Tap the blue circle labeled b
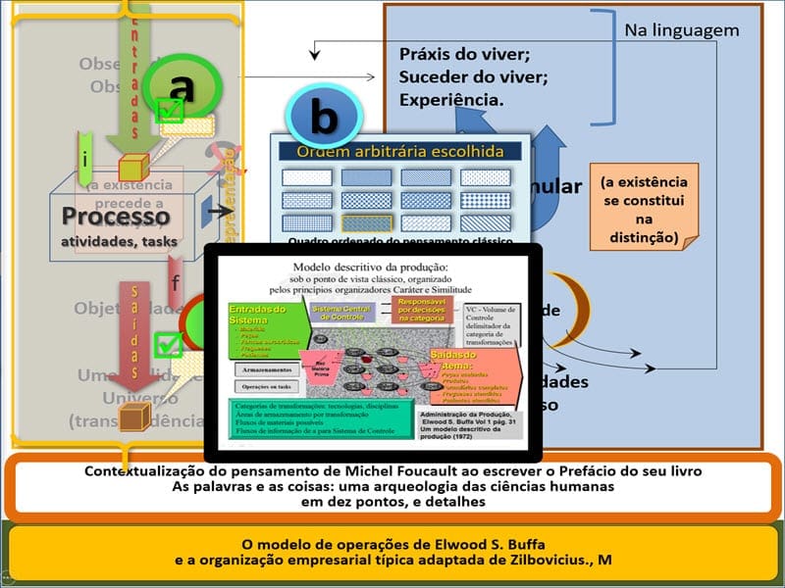[x=323, y=118]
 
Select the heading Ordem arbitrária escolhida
[x=400, y=151]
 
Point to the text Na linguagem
[x=681, y=30]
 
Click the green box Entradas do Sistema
[x=257, y=314]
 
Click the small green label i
[x=86, y=158]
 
